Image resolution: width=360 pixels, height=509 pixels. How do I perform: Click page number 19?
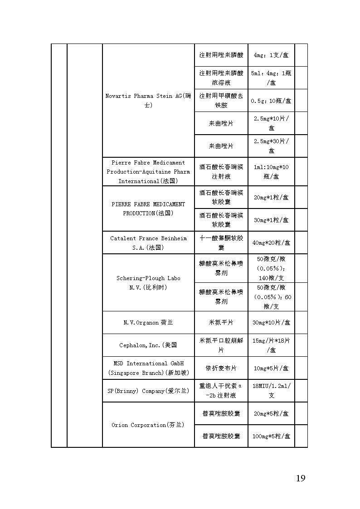pos(300,478)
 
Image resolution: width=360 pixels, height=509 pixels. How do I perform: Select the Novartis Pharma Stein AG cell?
pos(148,100)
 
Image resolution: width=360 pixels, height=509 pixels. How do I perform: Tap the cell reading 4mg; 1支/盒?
pos(271,55)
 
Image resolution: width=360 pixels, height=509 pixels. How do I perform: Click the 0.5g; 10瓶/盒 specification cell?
pos(271,101)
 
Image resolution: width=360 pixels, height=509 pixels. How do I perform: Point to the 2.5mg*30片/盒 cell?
pos(271,145)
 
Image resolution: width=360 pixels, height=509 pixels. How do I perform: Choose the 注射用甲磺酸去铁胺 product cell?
pos(221,100)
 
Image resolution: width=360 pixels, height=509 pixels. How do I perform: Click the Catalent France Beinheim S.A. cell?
pos(148,243)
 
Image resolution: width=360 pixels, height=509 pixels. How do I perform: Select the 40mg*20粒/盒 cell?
pos(271,242)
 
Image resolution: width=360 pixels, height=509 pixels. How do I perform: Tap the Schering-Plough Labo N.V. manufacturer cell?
pos(148,283)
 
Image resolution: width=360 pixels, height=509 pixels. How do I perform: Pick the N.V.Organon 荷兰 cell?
pos(148,323)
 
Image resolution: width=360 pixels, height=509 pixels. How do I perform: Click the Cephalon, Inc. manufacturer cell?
pos(148,345)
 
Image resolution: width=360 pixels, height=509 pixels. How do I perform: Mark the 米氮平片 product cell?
pos(221,323)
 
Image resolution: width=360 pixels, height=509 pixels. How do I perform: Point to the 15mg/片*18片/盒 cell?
pos(271,345)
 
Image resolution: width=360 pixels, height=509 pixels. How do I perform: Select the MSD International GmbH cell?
pos(148,368)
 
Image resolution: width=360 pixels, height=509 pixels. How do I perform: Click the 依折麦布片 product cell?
pos(221,368)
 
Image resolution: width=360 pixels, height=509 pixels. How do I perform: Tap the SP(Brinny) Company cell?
pos(148,391)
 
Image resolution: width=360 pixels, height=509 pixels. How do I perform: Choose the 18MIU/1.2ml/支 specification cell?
pos(271,391)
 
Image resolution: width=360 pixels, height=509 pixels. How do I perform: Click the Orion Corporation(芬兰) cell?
pos(148,425)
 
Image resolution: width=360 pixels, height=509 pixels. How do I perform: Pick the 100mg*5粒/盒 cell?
pos(271,436)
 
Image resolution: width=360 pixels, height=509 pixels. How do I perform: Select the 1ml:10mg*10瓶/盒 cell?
pos(271,172)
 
